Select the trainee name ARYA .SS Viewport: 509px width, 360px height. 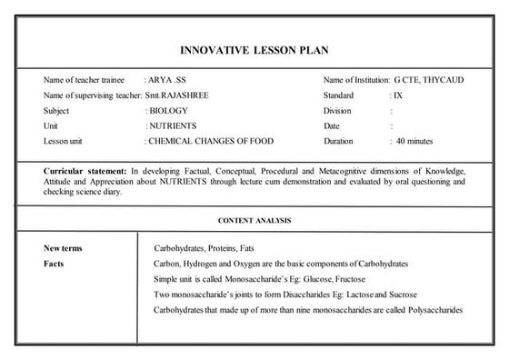(x=165, y=80)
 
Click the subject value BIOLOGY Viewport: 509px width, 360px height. (x=169, y=111)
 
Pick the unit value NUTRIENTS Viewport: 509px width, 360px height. (x=173, y=126)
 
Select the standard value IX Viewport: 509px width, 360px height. (x=398, y=95)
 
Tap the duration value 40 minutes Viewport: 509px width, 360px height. (x=414, y=142)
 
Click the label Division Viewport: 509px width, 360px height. (x=337, y=111)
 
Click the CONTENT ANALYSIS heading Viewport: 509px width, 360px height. (x=254, y=221)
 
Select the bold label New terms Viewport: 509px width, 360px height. (x=64, y=248)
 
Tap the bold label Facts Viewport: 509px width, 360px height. (x=55, y=264)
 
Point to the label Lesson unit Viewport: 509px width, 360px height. (x=64, y=142)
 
